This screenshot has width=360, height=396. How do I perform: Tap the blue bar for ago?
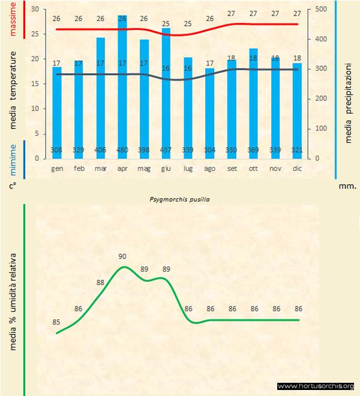(x=210, y=114)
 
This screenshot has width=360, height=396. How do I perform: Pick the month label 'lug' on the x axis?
(x=188, y=169)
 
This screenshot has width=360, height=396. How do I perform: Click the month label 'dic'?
(x=298, y=169)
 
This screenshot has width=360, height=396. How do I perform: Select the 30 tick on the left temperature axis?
(x=34, y=10)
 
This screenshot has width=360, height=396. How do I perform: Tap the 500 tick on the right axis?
(x=321, y=10)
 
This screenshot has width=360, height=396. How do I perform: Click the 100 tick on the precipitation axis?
(x=321, y=128)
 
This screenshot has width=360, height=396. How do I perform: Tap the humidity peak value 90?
(x=124, y=256)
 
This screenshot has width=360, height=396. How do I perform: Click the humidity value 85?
(x=57, y=322)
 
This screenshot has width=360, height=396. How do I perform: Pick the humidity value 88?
(x=101, y=281)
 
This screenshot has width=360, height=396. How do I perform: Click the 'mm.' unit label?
(x=347, y=187)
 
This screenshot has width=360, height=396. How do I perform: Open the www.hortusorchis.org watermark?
(x=316, y=386)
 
